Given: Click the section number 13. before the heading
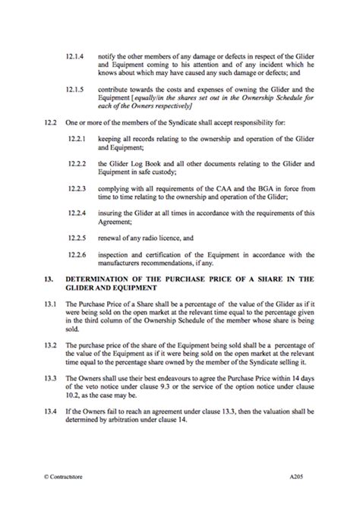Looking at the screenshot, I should click(x=48, y=280).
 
